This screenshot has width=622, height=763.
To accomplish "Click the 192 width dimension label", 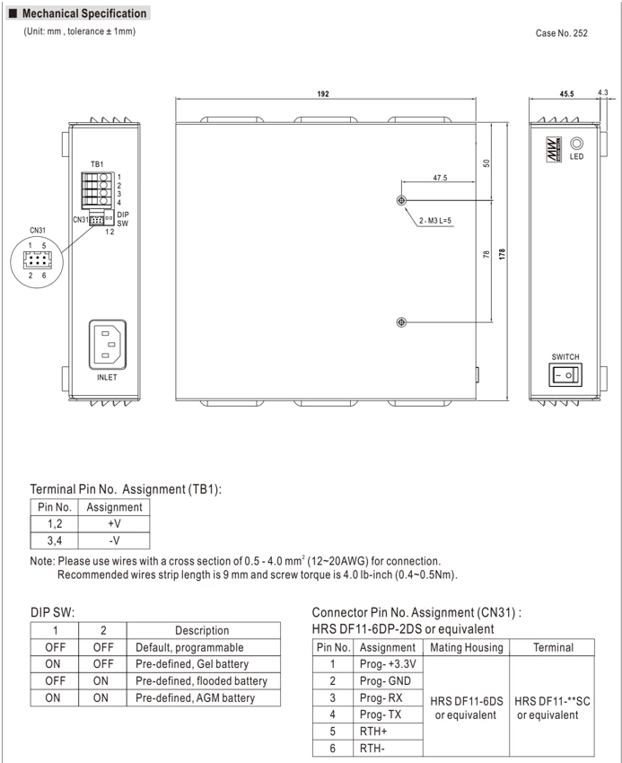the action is pos(323,94).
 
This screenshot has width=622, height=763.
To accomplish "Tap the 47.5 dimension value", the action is pos(440,178).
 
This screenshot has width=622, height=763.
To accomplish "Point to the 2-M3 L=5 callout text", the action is pos(435,221).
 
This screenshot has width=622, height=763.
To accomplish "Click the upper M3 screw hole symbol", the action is pos(401,200).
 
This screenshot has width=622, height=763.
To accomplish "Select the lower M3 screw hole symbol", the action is pos(401,322).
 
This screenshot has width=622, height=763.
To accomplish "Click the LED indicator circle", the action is pos(577,144).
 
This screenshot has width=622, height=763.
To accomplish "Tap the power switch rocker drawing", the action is pos(565,375).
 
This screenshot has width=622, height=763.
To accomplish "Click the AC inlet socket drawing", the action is pos(108,345).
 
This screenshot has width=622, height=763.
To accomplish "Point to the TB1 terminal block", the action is pos(97,189).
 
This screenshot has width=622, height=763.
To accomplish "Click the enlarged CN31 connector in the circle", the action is pos(37,259).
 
